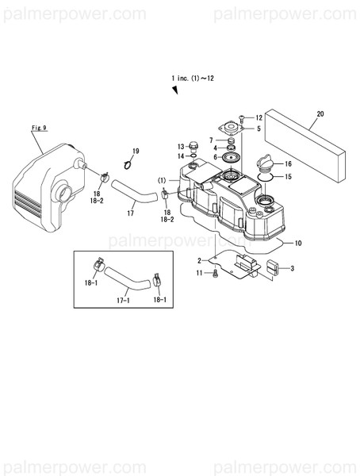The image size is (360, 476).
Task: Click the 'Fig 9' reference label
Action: [40, 127]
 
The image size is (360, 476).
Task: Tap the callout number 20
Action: [320, 114]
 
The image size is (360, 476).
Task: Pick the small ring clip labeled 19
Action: [130, 163]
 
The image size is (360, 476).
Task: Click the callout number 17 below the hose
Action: [131, 213]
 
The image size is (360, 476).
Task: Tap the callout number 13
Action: [181, 146]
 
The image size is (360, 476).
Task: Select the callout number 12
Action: [258, 117]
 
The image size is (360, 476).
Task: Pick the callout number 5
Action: [258, 128]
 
